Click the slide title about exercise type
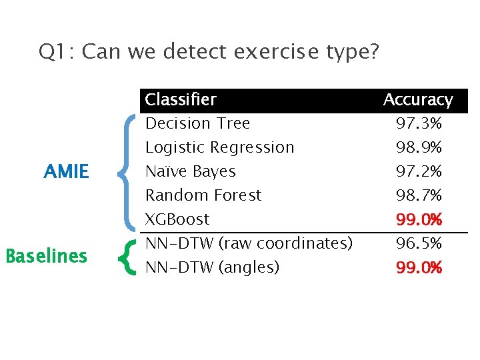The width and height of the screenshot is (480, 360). (209, 51)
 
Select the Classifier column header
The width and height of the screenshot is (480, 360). (181, 100)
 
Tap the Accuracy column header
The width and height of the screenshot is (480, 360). (418, 100)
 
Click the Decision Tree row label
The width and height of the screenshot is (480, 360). (197, 123)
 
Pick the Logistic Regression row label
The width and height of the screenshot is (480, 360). (219, 147)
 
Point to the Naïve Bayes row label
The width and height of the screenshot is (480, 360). (190, 171)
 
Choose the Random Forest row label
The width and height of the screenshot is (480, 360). (203, 195)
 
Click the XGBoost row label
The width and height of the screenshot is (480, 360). (177, 219)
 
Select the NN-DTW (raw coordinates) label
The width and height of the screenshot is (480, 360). (249, 243)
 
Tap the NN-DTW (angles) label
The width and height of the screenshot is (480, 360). (212, 267)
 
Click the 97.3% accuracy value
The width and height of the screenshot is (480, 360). (419, 123)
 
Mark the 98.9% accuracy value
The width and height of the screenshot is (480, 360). (419, 147)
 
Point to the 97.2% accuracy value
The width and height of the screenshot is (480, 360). (419, 171)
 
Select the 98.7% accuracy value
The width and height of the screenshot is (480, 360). (419, 195)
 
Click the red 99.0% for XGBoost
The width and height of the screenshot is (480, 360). (419, 219)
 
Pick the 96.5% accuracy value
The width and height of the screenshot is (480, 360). (419, 243)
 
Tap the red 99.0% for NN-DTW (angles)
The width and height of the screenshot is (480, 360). (419, 268)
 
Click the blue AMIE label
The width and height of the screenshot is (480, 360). (66, 172)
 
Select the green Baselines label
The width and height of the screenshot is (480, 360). (46, 256)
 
